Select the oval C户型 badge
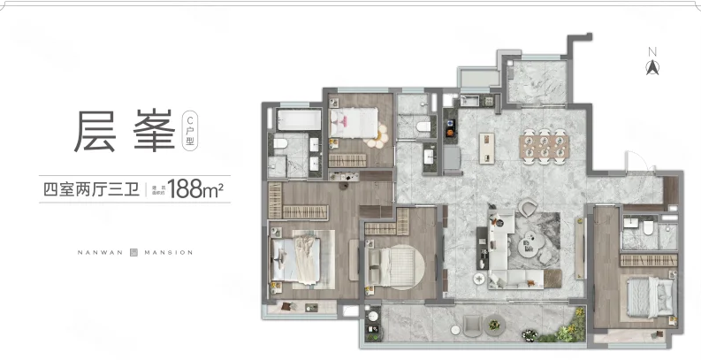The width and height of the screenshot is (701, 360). coord(189,131)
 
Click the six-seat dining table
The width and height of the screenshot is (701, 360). coord(541,145)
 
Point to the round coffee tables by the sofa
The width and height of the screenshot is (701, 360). coord(533,237)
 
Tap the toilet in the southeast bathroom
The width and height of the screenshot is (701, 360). coord(646,229)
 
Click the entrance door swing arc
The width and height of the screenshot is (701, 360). coord(638,164)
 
